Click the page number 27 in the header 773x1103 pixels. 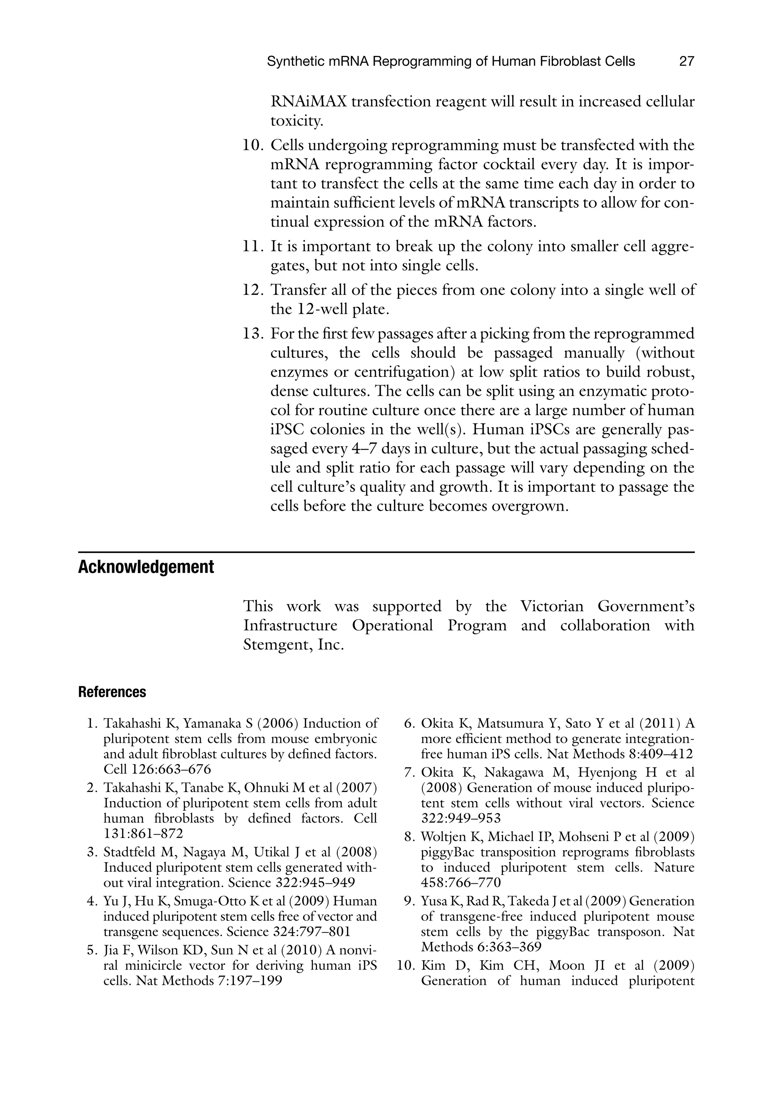point(687,62)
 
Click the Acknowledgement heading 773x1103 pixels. point(146,567)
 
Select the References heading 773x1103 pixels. point(112,692)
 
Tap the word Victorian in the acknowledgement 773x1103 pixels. point(552,606)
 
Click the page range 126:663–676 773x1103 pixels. point(157,769)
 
